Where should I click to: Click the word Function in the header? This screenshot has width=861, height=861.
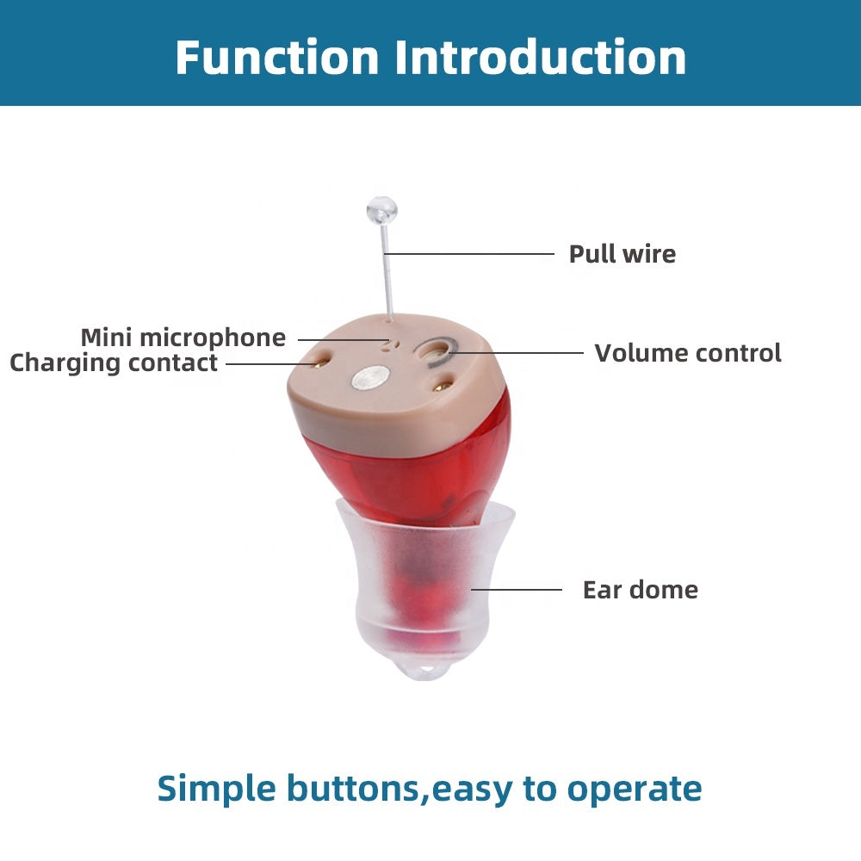[x=276, y=58]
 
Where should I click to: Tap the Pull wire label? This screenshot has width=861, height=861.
[x=622, y=254]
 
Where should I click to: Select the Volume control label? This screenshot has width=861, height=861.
[x=687, y=353]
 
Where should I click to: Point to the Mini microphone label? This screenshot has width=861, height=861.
[x=183, y=338]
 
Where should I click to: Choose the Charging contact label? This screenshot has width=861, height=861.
[x=113, y=362]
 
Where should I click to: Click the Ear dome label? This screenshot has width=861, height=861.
[x=640, y=590]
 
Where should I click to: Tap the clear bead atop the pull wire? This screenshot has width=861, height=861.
[x=381, y=209]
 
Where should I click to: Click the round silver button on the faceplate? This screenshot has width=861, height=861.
[x=371, y=378]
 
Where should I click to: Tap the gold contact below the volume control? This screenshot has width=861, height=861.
[x=443, y=387]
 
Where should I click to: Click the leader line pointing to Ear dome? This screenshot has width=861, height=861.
[x=517, y=590]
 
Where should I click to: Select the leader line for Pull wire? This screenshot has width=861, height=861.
[x=469, y=254]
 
